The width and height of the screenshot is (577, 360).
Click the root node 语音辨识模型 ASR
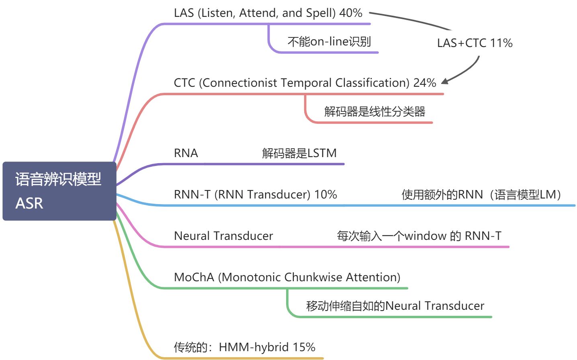59,191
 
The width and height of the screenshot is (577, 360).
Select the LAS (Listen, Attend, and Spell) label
255,13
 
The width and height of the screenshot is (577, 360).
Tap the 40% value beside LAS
351,13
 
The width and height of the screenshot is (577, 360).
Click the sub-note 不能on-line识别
329,42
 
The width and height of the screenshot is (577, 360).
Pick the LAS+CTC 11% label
475,43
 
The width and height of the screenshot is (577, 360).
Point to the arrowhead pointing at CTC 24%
444,82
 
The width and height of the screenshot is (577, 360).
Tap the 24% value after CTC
425,83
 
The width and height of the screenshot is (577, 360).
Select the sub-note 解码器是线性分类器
374,112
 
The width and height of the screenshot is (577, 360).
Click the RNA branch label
186,153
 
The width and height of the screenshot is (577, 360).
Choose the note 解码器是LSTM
299,153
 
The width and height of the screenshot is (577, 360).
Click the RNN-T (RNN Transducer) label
242,194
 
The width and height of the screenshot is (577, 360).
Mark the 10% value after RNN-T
325,194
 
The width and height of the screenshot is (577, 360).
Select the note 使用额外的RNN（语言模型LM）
481,195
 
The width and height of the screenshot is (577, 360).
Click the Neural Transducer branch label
223,236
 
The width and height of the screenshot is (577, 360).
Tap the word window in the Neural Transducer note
425,236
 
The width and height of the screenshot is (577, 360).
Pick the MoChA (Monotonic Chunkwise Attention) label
287,277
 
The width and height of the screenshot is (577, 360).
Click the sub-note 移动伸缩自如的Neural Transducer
395,306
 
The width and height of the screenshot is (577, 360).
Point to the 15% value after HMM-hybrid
304,347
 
